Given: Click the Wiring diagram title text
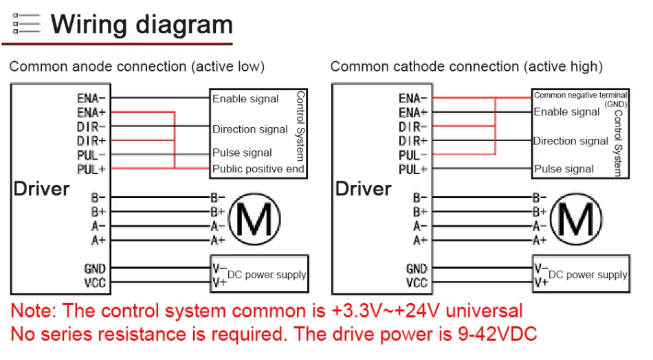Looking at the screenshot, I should pos(142,25).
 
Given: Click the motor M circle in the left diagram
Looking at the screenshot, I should pos(254,219).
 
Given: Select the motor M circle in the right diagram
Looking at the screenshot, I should pos(576,219).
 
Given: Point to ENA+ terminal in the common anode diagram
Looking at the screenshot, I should pos(91,112).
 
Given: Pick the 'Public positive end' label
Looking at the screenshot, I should pos(258,168).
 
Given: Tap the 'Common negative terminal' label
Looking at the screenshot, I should pos(580,95).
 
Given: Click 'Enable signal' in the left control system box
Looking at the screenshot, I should pos(245,99).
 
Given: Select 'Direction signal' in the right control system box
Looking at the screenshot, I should pos(571,141).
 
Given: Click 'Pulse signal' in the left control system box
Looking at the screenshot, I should pos(242,153).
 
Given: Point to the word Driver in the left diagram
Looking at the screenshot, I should pos(42,188).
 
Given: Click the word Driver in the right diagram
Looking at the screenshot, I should pos(363,188).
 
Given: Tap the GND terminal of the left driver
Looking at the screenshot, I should pos(95,269).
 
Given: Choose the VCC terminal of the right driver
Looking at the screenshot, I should pos(417,282).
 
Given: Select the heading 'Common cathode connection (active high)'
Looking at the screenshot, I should pos(466,67).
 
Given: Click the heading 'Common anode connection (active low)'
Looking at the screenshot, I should pos(137,67).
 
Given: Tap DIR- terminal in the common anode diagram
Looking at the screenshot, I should pos(91,126).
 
